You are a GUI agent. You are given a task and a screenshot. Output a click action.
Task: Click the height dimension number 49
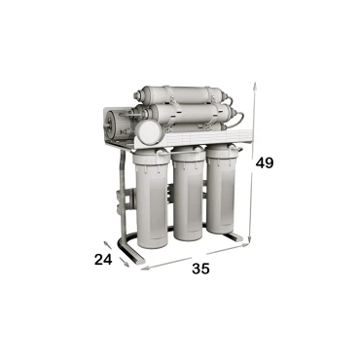pyautogui.click(x=265, y=162)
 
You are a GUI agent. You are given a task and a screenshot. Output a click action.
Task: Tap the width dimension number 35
pyautogui.click(x=200, y=269)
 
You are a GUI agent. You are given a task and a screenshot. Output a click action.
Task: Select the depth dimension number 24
pyautogui.click(x=103, y=260)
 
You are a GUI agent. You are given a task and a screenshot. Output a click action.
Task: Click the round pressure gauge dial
pyautogui.click(x=148, y=132)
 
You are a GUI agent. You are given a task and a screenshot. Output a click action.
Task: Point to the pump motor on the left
pyautogui.click(x=116, y=126)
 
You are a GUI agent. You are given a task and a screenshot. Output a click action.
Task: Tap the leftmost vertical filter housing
pyautogui.click(x=153, y=198)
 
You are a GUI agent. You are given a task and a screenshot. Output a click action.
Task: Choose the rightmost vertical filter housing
pyautogui.click(x=223, y=190)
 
